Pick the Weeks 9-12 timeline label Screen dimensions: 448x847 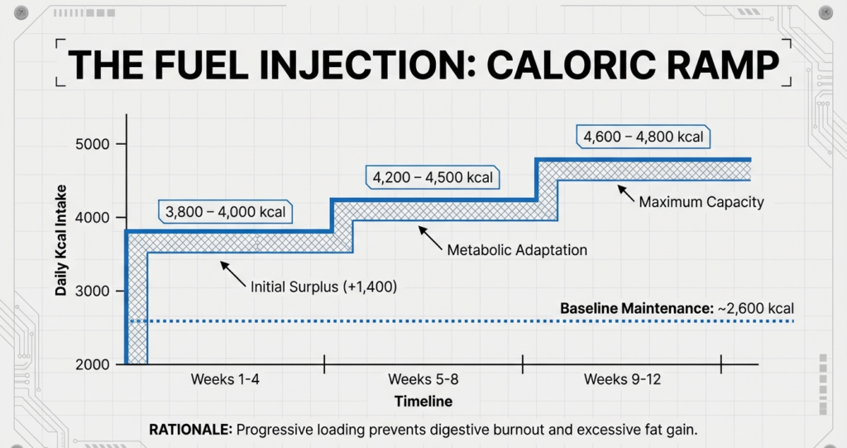click(621, 380)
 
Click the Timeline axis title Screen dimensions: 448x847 click(423, 402)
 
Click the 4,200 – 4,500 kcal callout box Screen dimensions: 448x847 click(433, 177)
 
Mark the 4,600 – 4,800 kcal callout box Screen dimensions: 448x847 click(644, 137)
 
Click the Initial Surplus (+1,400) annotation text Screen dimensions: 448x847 click(324, 287)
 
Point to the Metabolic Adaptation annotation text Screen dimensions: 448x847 click(517, 249)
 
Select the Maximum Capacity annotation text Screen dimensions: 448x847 click(701, 201)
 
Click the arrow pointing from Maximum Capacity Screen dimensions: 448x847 click(627, 193)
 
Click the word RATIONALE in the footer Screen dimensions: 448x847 click(190, 431)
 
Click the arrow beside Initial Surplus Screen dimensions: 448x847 click(233, 274)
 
